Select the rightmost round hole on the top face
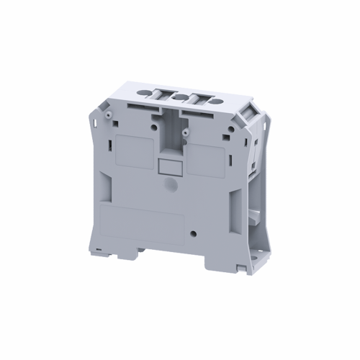coord(214,94)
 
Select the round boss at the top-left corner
coord(106,114)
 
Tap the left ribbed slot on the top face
coord(166,94)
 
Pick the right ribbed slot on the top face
coord(197,96)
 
